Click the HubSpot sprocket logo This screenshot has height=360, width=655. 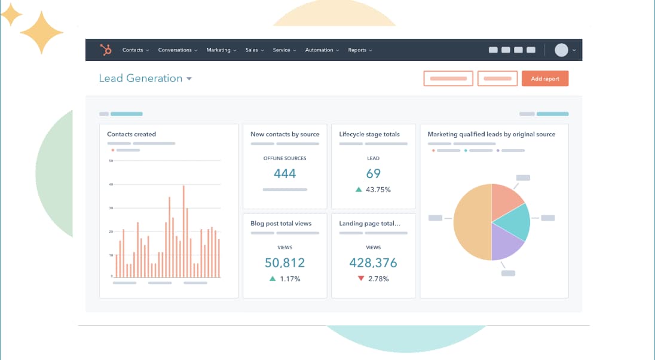pyautogui.click(x=107, y=50)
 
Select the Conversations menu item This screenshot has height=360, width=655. pyautogui.click(x=177, y=50)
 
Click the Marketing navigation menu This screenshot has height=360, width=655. pyautogui.click(x=221, y=50)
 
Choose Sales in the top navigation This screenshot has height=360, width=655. pyautogui.click(x=253, y=50)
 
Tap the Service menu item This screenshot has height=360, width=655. pyautogui.click(x=284, y=50)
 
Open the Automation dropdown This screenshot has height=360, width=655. pyautogui.click(x=322, y=50)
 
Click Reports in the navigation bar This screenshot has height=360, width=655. pyautogui.click(x=359, y=50)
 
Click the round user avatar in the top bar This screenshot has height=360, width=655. pyautogui.click(x=561, y=50)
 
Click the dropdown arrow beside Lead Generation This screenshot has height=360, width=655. pyautogui.click(x=189, y=79)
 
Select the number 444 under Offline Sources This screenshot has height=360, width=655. pyautogui.click(x=284, y=173)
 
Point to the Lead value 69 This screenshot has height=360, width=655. pyautogui.click(x=374, y=173)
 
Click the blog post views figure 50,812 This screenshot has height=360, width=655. pyautogui.click(x=284, y=263)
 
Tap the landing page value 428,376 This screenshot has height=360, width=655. pyautogui.click(x=374, y=263)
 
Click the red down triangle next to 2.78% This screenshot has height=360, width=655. pyautogui.click(x=360, y=279)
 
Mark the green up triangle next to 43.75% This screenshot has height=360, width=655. pyautogui.click(x=359, y=190)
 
